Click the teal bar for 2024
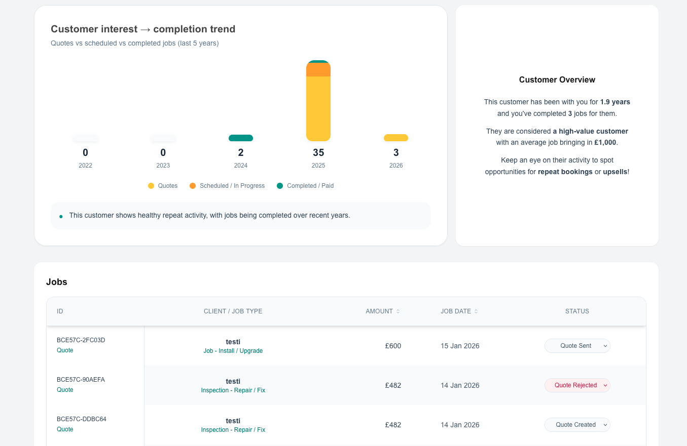[x=240, y=138]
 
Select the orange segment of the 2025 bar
[x=318, y=70]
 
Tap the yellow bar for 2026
[x=395, y=138]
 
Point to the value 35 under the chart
[x=318, y=152]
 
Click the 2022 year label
[x=85, y=166]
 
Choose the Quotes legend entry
[x=163, y=186]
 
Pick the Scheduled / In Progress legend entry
[x=227, y=186]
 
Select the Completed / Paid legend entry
[x=305, y=186]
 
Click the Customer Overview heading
[x=557, y=79]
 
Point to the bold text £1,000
[x=605, y=143]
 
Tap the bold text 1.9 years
[x=615, y=102]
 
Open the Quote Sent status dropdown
[x=577, y=346]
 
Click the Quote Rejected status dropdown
[x=577, y=385]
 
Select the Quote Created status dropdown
[x=577, y=425]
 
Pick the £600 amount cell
[x=393, y=346]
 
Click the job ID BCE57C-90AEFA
[x=81, y=380]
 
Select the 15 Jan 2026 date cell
[x=460, y=346]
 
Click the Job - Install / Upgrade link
[x=233, y=351]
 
